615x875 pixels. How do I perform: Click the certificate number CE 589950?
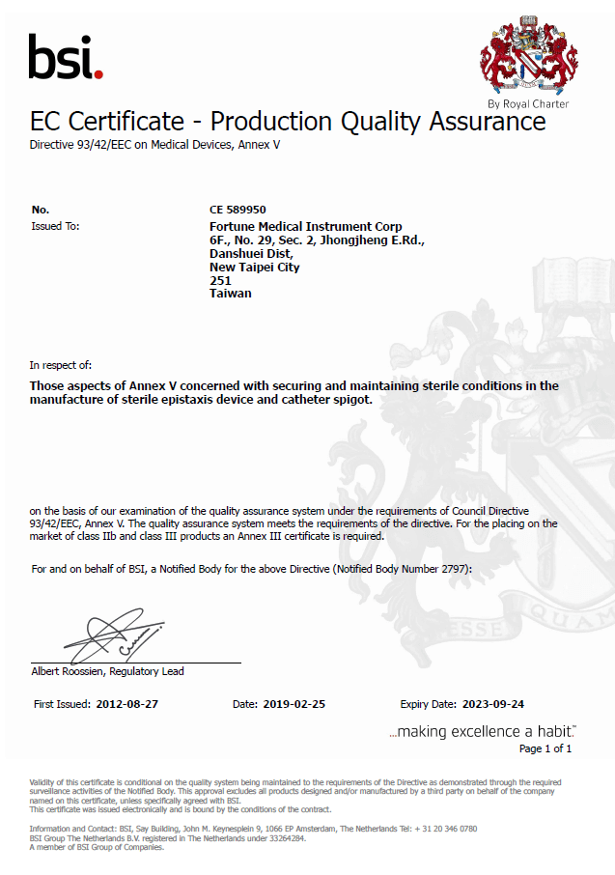(x=238, y=209)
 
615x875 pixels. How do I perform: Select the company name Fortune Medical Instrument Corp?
(x=305, y=226)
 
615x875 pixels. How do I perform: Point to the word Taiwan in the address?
(x=230, y=294)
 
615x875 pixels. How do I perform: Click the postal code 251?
(x=219, y=280)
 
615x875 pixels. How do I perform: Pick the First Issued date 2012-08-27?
(x=126, y=704)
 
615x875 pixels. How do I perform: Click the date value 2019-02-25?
(x=294, y=704)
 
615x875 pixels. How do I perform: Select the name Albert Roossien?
(x=68, y=671)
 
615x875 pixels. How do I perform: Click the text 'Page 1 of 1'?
(x=545, y=748)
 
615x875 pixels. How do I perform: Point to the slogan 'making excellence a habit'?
(x=483, y=731)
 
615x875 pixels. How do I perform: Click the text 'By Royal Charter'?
(x=528, y=103)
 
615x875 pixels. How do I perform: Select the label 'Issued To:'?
(x=55, y=226)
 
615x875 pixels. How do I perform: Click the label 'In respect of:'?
(x=61, y=365)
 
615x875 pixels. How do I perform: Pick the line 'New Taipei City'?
(x=254, y=267)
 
